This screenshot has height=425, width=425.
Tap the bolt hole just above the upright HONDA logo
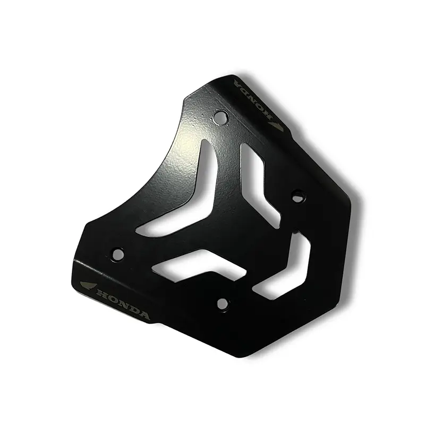point(118,254)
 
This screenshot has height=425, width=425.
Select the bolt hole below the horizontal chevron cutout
point(222,303)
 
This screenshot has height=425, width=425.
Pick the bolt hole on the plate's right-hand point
point(298,196)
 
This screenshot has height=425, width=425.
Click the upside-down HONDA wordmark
point(253,100)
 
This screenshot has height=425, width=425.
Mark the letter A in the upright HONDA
point(143,316)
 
